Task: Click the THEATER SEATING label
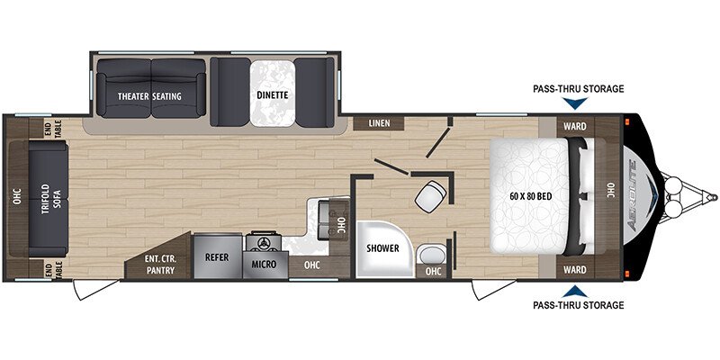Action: [150, 95]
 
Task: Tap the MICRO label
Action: [263, 265]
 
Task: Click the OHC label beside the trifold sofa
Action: [16, 198]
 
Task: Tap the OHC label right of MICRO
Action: [311, 265]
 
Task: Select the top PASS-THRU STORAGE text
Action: [577, 88]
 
